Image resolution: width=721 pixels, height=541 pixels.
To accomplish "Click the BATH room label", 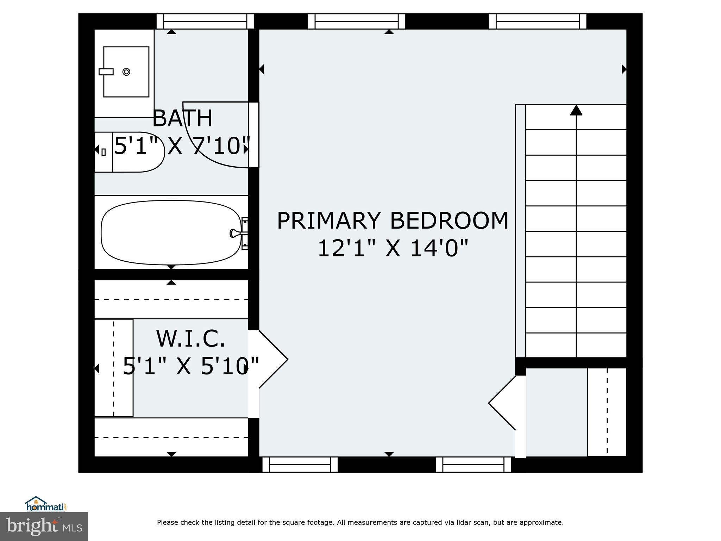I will click(182, 118).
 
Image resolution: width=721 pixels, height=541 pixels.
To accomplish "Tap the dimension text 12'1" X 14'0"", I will click(393, 248).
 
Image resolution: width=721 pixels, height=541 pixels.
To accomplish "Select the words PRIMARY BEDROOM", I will click(393, 221).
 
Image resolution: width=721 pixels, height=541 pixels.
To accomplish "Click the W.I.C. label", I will click(190, 338).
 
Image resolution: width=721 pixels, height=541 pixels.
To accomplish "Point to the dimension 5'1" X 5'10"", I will click(190, 366).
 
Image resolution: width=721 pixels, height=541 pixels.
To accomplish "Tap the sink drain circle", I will click(126, 72).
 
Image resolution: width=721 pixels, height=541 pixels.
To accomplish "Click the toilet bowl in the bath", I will click(139, 152).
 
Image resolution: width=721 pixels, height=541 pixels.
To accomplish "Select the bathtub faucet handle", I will click(234, 233).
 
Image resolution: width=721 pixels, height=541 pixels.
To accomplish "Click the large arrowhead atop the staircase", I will click(576, 110).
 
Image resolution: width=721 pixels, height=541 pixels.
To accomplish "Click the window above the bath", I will click(205, 21).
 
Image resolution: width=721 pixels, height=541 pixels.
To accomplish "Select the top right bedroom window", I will click(538, 21).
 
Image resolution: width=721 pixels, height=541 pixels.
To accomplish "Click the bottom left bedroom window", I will click(300, 464).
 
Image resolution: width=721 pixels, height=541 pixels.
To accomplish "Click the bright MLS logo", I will click(44, 526).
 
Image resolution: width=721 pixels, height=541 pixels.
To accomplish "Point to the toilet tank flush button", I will click(104, 152).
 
